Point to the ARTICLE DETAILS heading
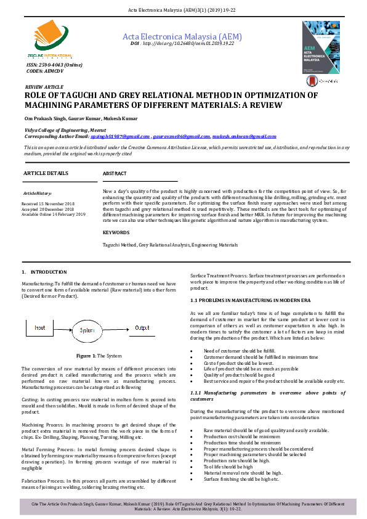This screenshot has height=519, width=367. (x=46, y=174)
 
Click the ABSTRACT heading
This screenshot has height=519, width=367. (x=115, y=174)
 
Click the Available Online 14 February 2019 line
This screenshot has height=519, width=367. (x=53, y=214)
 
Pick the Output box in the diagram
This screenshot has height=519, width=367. (x=142, y=328)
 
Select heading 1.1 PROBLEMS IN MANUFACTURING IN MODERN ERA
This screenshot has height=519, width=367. (x=251, y=300)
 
